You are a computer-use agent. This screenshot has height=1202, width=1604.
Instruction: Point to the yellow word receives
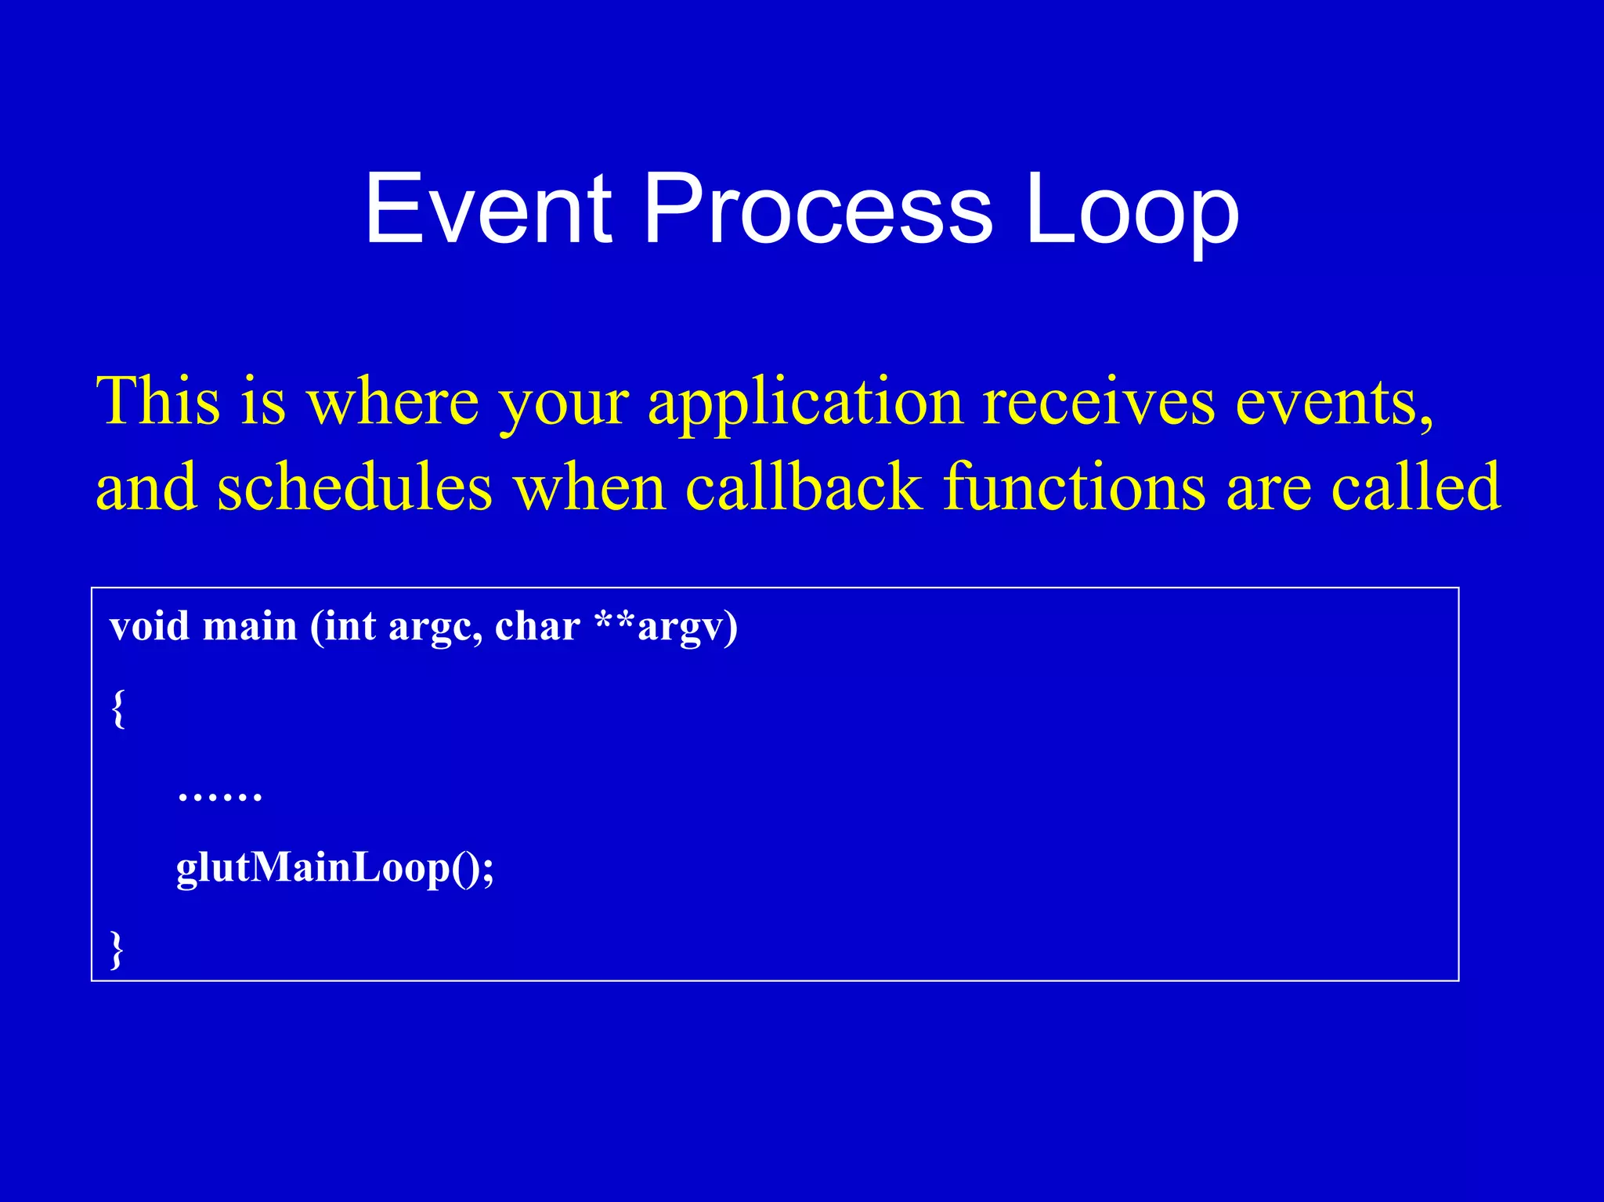[x=1098, y=401]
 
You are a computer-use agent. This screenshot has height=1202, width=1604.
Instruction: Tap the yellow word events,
[x=1334, y=401]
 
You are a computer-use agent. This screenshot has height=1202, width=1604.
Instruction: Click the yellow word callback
[x=804, y=487]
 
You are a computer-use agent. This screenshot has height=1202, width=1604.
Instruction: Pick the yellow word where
[x=392, y=401]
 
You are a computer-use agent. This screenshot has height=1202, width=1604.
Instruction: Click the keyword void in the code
[x=150, y=627]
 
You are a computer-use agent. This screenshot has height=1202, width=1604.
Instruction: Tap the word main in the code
[x=250, y=627]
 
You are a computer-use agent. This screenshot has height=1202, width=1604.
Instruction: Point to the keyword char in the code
[x=537, y=627]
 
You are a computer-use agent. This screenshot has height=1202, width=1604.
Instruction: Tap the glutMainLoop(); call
[x=335, y=868]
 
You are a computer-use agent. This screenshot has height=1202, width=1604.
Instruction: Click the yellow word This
[x=157, y=401]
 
